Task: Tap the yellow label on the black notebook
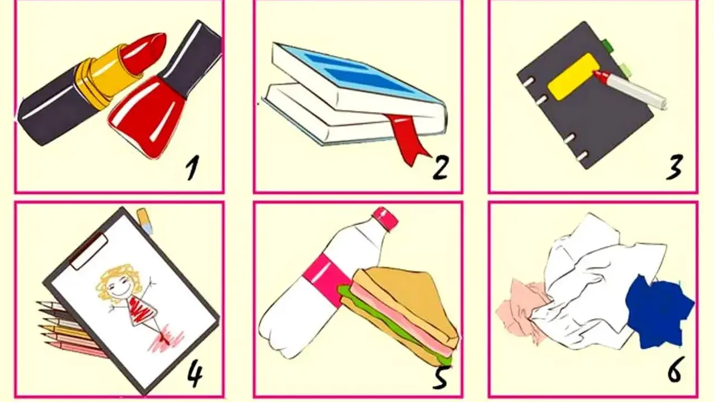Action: pos(571,76)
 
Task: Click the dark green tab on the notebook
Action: pos(608,46)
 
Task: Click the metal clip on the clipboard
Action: pos(89,251)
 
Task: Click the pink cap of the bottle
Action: pos(385,218)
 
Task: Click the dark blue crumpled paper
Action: pos(657,313)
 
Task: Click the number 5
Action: pos(441,378)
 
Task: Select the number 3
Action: pos(674,167)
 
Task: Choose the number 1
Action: pos(192,167)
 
